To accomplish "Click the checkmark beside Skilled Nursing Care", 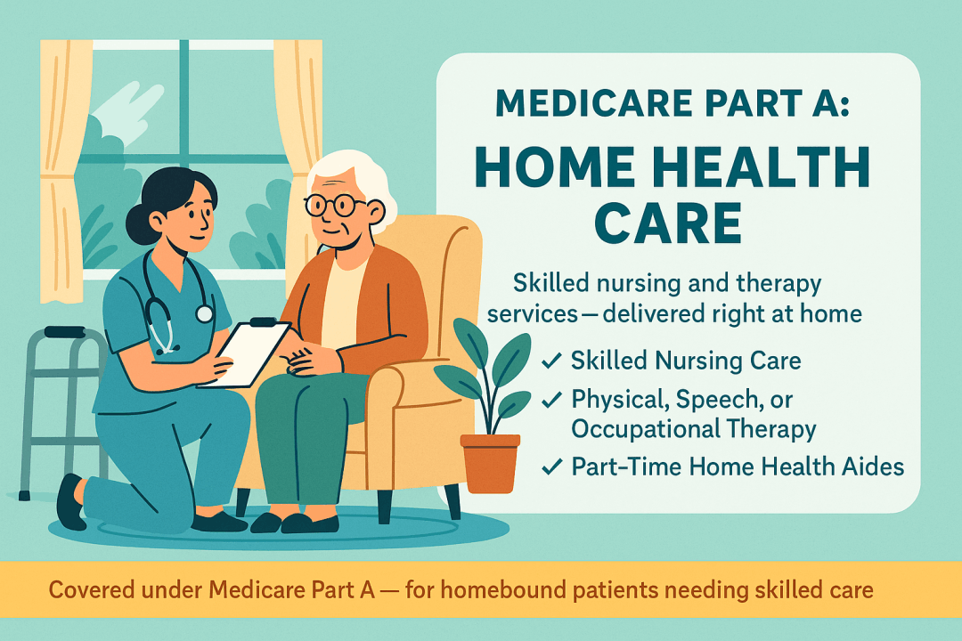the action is tap(551, 361).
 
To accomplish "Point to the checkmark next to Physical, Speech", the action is tap(551, 400).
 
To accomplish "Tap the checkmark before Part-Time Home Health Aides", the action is tap(551, 467).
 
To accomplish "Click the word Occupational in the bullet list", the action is tap(639, 429).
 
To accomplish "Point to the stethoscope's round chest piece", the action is tap(204, 314).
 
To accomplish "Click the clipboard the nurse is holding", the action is tap(245, 354).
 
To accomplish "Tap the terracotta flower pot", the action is tap(490, 462).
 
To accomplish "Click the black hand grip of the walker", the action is tap(64, 332).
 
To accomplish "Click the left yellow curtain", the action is tap(64, 172).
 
